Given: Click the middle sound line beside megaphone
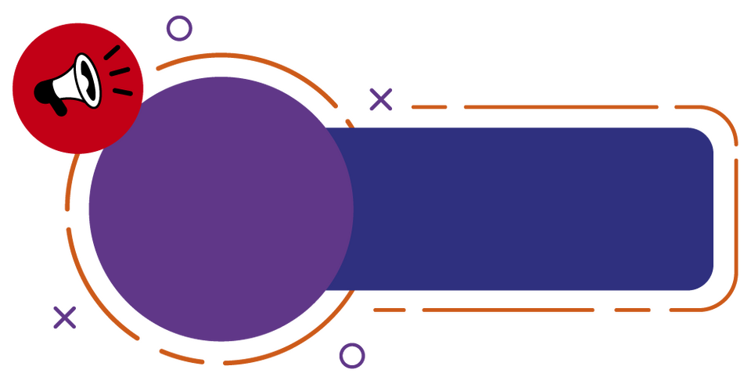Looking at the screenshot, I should pos(119,71).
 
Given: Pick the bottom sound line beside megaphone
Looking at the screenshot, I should pos(123,92).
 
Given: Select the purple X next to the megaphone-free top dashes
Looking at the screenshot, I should pos(381,99).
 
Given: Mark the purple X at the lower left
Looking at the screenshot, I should pos(65,317).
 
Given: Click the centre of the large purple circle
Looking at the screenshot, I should pos(220,209).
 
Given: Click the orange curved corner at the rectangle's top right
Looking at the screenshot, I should pos(724,117).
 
